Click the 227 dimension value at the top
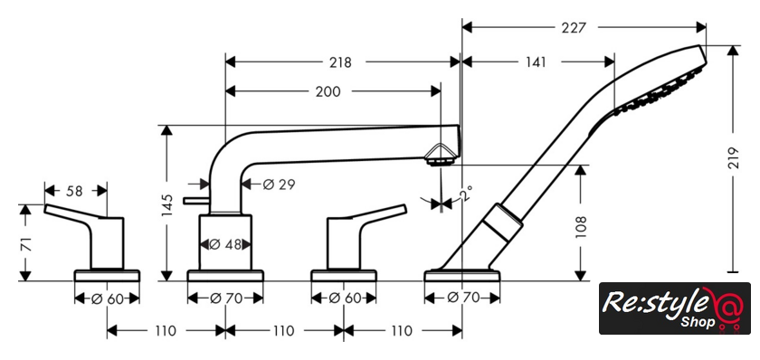tap(574, 28)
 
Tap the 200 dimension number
tap(328, 91)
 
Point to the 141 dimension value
tap(534, 62)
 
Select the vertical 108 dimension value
tap(581, 227)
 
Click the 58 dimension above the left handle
tap(74, 191)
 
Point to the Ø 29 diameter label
tap(279, 185)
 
